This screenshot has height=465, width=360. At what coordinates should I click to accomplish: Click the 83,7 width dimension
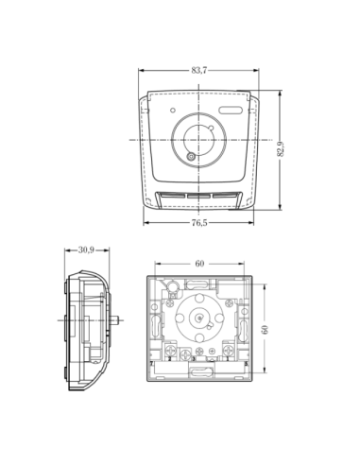click(x=199, y=70)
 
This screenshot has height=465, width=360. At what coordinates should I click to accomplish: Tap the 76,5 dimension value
click(x=199, y=223)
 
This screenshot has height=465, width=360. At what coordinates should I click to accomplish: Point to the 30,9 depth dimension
click(x=86, y=250)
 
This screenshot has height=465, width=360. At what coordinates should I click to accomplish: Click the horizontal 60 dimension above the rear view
click(x=199, y=264)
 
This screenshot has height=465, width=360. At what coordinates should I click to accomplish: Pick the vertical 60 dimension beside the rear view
click(x=265, y=330)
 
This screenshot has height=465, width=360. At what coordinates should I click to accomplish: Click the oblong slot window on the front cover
click(x=231, y=110)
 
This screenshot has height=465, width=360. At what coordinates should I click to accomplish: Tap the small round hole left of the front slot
click(x=173, y=111)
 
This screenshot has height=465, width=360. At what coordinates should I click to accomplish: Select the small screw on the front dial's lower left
click(x=191, y=157)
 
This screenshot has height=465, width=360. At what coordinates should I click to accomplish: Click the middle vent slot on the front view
click(x=198, y=196)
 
